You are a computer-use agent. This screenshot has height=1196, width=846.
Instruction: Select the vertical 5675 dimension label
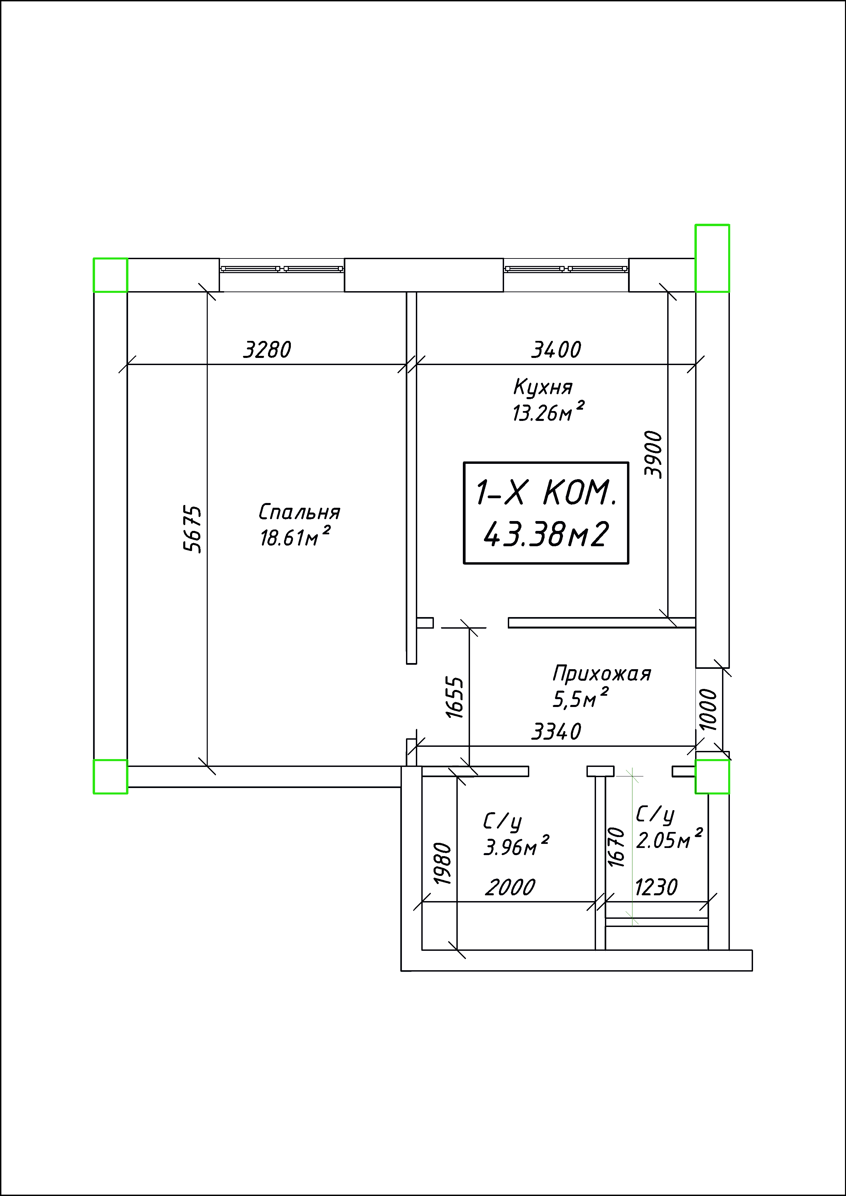point(192,529)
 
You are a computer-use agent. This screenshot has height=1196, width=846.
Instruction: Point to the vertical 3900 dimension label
point(653,454)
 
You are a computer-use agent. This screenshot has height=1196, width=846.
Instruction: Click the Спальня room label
point(299,512)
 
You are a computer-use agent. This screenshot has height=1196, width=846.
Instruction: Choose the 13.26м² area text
point(548,411)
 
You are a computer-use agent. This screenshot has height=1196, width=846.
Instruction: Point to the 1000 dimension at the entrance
point(708,709)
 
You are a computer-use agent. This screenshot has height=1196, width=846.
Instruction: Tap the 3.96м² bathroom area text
point(516,847)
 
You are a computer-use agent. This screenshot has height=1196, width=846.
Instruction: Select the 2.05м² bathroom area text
point(669,840)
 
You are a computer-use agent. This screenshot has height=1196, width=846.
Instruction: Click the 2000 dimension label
point(510,887)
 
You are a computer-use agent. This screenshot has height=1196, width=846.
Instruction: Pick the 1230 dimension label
point(656,887)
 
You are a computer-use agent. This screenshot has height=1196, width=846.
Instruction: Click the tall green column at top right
point(712,258)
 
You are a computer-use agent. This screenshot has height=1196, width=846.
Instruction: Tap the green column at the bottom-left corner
point(110,777)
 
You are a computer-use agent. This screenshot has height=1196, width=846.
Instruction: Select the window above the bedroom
point(282,269)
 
